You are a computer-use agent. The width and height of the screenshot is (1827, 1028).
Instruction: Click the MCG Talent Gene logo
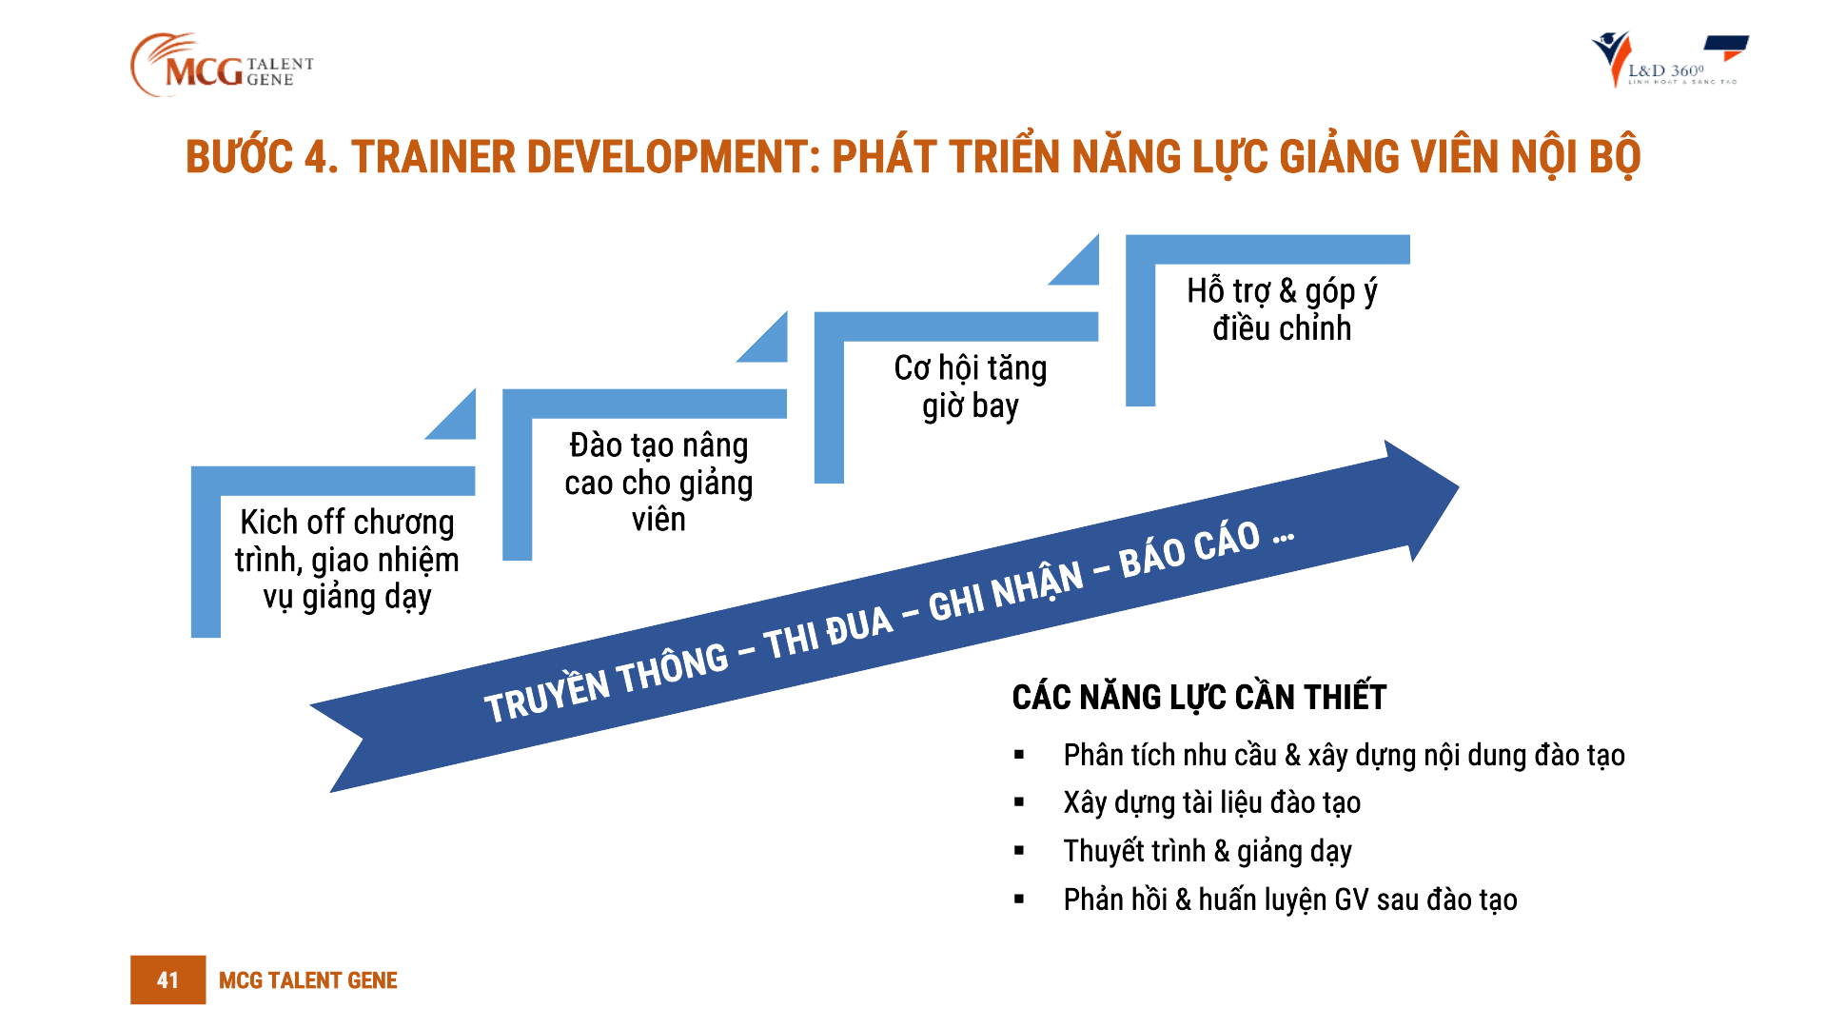click(221, 65)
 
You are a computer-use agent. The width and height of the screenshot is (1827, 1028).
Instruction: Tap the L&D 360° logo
click(1669, 61)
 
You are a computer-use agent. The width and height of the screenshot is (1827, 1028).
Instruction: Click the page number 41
click(167, 979)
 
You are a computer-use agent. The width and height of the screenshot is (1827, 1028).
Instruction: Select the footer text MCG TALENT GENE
click(307, 980)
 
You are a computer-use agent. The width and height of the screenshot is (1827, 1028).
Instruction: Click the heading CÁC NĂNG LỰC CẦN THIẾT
click(1199, 698)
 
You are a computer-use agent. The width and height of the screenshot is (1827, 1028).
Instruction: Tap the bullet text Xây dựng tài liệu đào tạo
click(1211, 802)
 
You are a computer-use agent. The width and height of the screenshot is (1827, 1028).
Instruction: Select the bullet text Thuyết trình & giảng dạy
click(1207, 851)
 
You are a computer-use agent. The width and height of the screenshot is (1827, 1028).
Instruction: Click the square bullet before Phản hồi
click(1019, 899)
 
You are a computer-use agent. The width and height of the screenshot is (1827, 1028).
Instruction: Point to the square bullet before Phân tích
click(1019, 756)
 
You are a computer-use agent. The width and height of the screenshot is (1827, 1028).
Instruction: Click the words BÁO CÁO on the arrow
click(1189, 550)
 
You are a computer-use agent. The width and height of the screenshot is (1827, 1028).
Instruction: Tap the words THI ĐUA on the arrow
click(829, 633)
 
